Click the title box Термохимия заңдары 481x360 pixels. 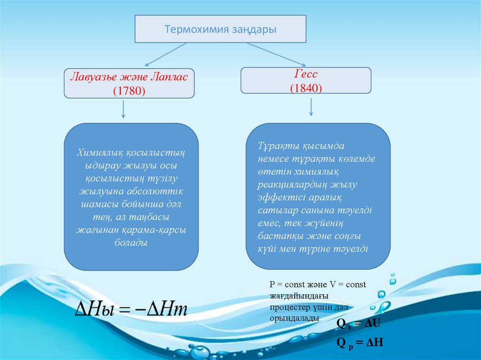(220, 29)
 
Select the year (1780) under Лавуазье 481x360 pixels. (129, 91)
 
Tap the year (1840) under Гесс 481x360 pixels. (306, 87)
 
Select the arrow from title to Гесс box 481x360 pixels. (277, 54)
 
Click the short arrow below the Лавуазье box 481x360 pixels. (123, 110)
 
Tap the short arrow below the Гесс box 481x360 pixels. (311, 107)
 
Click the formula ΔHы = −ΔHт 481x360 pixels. (132, 310)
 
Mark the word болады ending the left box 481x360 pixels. (131, 243)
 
